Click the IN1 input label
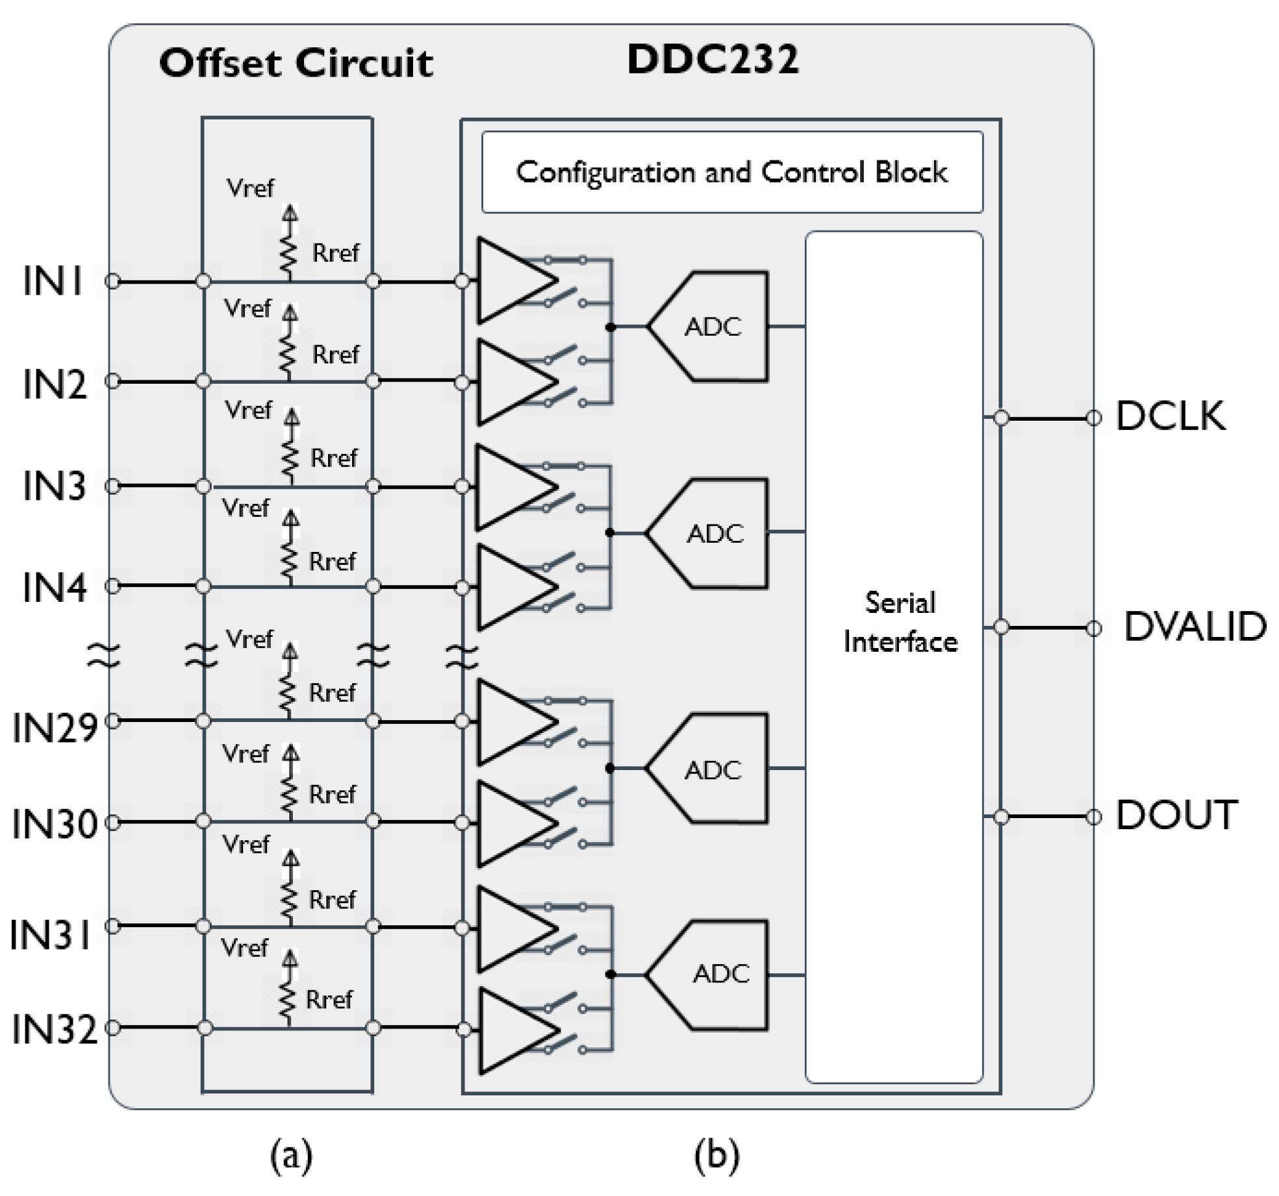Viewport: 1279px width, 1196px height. pyautogui.click(x=53, y=281)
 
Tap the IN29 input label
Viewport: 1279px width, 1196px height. pyautogui.click(x=55, y=727)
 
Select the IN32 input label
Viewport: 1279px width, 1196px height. pyautogui.click(x=55, y=1029)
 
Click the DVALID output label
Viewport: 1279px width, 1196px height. pyautogui.click(x=1195, y=627)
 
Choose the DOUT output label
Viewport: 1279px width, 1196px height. pyautogui.click(x=1176, y=816)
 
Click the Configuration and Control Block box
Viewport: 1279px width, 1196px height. pyautogui.click(x=731, y=172)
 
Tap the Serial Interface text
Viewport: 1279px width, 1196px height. pyautogui.click(x=900, y=623)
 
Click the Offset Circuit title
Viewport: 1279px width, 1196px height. pyautogui.click(x=296, y=64)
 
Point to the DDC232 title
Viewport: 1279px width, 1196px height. pyautogui.click(x=713, y=60)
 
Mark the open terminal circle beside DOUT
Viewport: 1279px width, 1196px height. pyautogui.click(x=1094, y=816)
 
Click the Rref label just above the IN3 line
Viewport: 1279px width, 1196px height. pyautogui.click(x=333, y=458)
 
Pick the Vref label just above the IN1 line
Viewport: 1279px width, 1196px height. pyautogui.click(x=249, y=188)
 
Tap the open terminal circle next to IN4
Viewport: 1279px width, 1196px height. pyautogui.click(x=113, y=586)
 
